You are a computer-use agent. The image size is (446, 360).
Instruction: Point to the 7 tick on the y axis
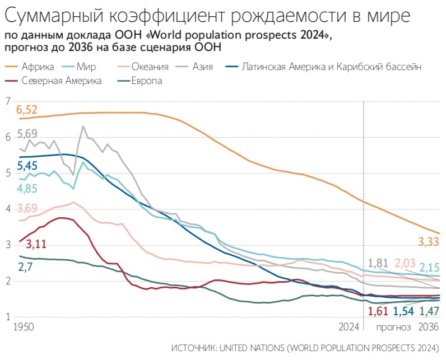point(8,101)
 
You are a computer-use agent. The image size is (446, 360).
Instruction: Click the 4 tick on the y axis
point(8,209)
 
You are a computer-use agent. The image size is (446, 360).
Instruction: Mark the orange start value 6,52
point(27,109)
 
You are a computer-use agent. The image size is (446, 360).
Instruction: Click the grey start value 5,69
point(27,134)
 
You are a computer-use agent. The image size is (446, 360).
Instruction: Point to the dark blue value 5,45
point(27,166)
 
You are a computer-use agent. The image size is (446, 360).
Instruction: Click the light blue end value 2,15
point(430,268)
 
